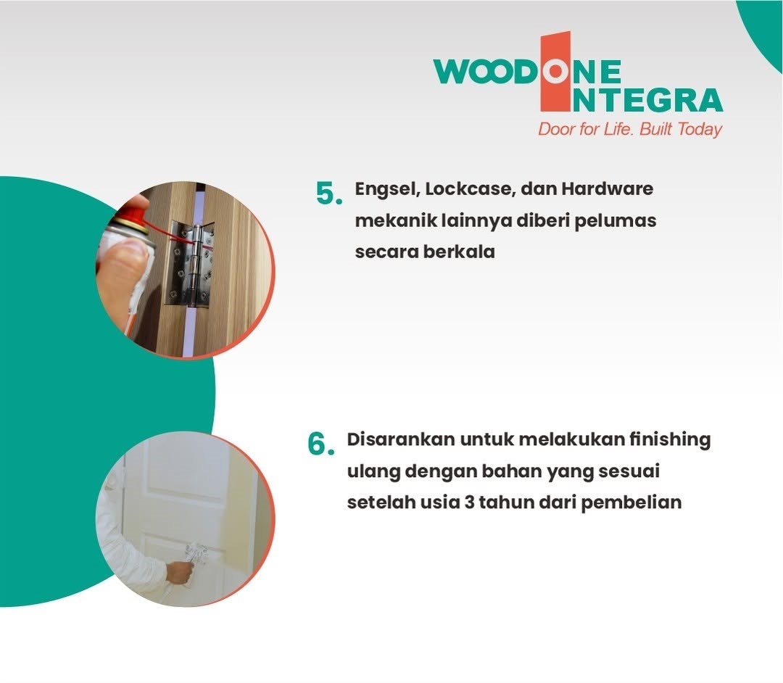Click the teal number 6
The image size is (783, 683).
[320, 444]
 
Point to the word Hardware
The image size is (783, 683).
[608, 189]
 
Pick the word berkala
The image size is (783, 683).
[459, 251]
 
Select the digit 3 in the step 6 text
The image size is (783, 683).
[469, 502]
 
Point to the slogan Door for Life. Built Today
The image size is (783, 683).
[630, 129]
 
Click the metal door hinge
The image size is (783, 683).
[190, 264]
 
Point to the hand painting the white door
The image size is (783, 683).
[180, 572]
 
